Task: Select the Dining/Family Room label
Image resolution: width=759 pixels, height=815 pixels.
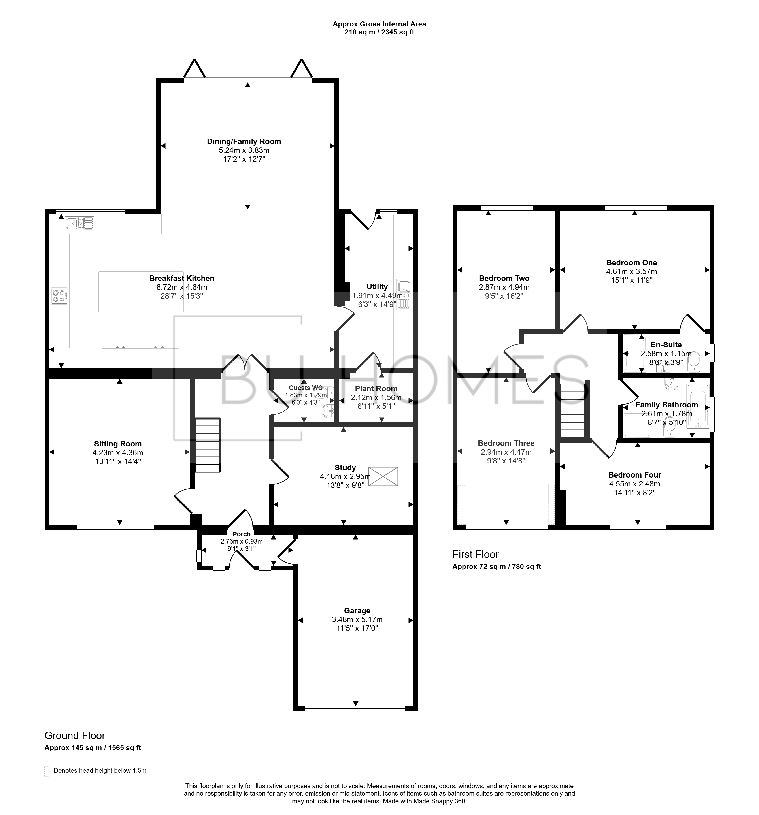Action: point(244,141)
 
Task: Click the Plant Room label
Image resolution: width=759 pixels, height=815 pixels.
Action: point(376,389)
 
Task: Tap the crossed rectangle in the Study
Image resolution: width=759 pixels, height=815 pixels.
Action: point(383,476)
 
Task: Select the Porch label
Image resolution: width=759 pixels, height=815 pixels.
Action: point(242,534)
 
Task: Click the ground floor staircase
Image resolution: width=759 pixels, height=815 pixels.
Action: point(208,445)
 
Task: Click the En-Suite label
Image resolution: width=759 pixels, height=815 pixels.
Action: point(666,345)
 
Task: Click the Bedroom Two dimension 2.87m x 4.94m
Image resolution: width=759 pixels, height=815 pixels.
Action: point(504,287)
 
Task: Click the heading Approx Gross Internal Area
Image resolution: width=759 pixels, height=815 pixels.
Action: point(379,24)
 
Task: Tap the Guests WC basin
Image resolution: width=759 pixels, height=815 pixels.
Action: point(329,411)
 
